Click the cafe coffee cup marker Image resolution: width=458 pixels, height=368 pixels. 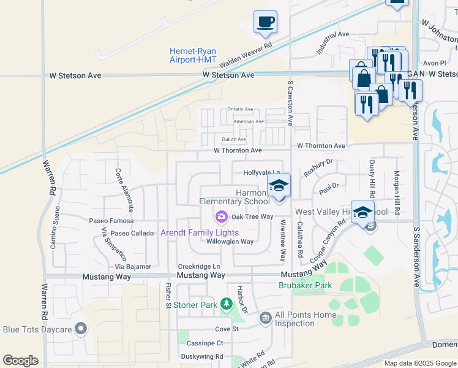(x=265, y=23)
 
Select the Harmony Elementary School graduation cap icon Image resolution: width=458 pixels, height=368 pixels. (x=279, y=186)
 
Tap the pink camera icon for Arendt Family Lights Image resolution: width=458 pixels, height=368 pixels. (x=220, y=217)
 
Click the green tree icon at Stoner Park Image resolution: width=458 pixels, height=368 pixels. (x=227, y=304)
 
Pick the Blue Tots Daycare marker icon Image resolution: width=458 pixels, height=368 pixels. (x=79, y=329)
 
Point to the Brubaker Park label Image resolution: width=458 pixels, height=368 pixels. (x=306, y=285)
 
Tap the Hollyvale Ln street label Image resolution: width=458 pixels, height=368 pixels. (x=262, y=173)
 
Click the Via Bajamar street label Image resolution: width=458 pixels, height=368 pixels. (x=134, y=267)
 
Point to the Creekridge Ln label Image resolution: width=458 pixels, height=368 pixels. (x=198, y=266)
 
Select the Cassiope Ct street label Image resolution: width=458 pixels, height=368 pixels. (x=205, y=343)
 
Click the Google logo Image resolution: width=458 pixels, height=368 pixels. (x=21, y=361)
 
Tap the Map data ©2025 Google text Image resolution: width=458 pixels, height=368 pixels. (x=419, y=363)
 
